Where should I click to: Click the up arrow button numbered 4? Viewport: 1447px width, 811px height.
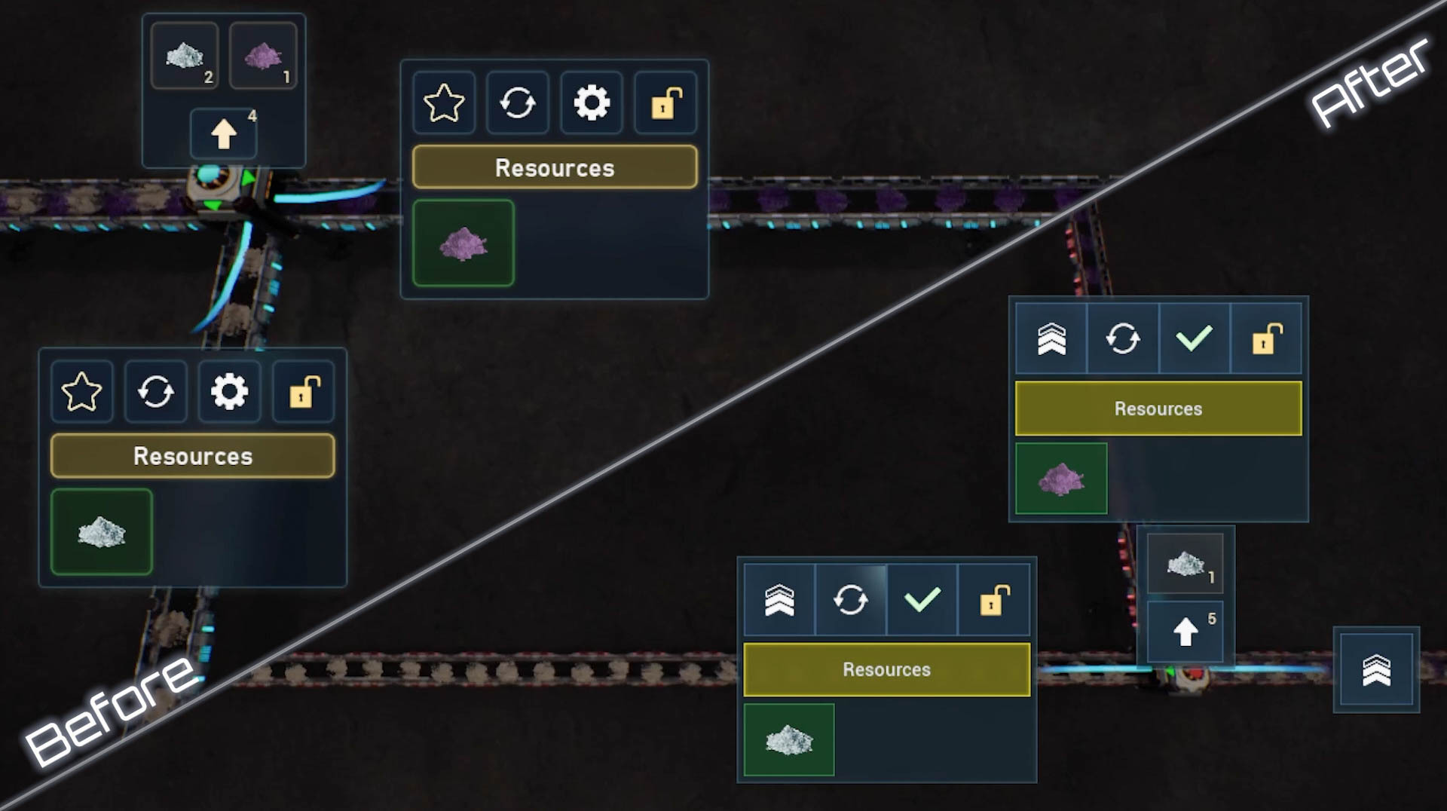point(224,133)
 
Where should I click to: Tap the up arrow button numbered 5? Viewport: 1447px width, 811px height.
point(1185,631)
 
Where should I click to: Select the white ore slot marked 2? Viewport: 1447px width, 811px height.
point(185,55)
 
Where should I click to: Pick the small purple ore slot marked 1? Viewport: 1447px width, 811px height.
point(263,55)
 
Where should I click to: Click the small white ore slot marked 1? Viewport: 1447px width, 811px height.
point(1185,562)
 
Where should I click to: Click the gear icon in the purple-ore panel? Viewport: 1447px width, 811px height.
point(592,103)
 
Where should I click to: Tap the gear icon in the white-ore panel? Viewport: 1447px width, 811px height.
point(230,391)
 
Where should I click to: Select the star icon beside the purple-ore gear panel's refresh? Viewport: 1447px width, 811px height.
point(444,103)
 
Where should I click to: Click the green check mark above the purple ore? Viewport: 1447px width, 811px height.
point(1195,338)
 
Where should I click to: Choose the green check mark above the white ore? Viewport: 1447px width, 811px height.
point(922,600)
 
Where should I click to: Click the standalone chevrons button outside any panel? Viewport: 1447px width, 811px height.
point(1377,670)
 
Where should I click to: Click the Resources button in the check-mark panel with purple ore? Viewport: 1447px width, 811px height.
point(1158,409)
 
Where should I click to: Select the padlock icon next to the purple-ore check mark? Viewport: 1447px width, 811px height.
point(1266,338)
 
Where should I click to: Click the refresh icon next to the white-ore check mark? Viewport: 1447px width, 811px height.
point(851,600)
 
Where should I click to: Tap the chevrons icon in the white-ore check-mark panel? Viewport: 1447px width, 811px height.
point(779,600)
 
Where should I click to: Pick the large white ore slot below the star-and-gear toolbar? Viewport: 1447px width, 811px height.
point(102,532)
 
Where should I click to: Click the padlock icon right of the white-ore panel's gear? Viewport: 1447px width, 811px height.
point(304,391)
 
